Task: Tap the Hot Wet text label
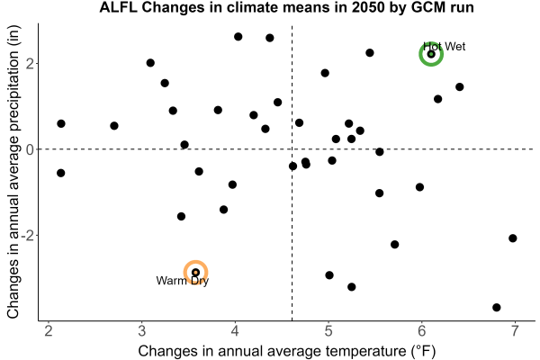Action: (x=445, y=47)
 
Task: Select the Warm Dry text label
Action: (x=182, y=281)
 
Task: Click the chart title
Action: (x=286, y=7)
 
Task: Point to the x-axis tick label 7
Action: (x=515, y=331)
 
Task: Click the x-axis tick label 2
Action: (x=49, y=331)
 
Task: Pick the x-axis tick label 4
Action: (x=235, y=331)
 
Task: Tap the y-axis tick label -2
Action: (x=27, y=236)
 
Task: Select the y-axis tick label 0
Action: (x=30, y=149)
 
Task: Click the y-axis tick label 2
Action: (x=30, y=63)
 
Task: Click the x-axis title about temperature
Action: (x=287, y=351)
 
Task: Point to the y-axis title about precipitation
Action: (x=13, y=172)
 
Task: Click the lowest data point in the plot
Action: (x=496, y=307)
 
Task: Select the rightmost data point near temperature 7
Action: (x=513, y=238)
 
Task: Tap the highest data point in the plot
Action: (x=238, y=37)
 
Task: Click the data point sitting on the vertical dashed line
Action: (x=292, y=166)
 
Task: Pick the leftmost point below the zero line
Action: (x=60, y=173)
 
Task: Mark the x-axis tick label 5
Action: (x=328, y=331)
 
